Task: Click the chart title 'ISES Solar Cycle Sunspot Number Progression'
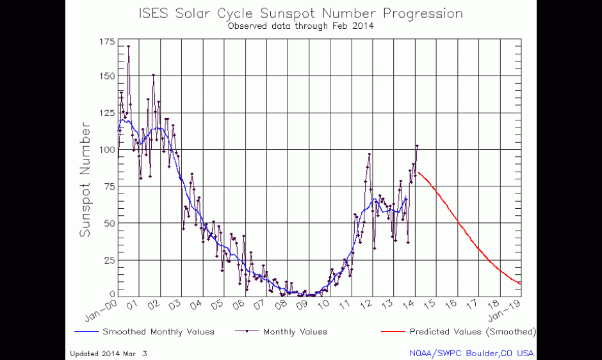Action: pyautogui.click(x=300, y=13)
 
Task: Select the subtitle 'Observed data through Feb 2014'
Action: pyautogui.click(x=300, y=26)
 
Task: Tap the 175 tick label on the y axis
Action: pyautogui.click(x=107, y=42)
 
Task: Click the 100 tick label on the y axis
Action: pyautogui.click(x=107, y=149)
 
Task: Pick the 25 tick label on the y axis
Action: pyautogui.click(x=110, y=260)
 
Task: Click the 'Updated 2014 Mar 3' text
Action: pyautogui.click(x=108, y=353)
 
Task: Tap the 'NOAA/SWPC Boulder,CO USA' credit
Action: pyautogui.click(x=471, y=353)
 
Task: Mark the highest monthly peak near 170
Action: pyautogui.click(x=129, y=46)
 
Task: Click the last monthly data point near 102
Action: pyautogui.click(x=417, y=146)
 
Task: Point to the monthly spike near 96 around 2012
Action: pyautogui.click(x=370, y=154)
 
